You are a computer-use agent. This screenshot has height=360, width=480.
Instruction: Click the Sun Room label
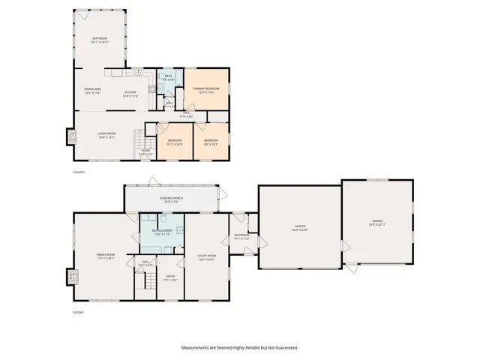click(101, 40)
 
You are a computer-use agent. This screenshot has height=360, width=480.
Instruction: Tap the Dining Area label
click(93, 91)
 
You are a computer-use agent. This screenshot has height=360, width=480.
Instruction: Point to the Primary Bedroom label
click(205, 90)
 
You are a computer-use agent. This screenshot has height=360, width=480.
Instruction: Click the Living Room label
click(106, 136)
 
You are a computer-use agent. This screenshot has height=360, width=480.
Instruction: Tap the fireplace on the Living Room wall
click(71, 137)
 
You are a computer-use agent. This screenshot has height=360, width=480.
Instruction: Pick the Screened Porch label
click(172, 199)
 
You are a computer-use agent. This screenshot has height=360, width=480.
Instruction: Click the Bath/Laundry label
click(163, 232)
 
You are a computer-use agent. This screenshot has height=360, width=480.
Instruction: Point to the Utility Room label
click(206, 257)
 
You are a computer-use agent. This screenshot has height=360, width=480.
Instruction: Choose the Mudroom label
click(241, 237)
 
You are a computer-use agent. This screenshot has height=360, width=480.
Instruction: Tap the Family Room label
click(106, 256)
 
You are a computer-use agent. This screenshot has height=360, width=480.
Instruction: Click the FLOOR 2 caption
click(79, 172)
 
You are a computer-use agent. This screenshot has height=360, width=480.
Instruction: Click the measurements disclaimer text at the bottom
click(240, 348)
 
